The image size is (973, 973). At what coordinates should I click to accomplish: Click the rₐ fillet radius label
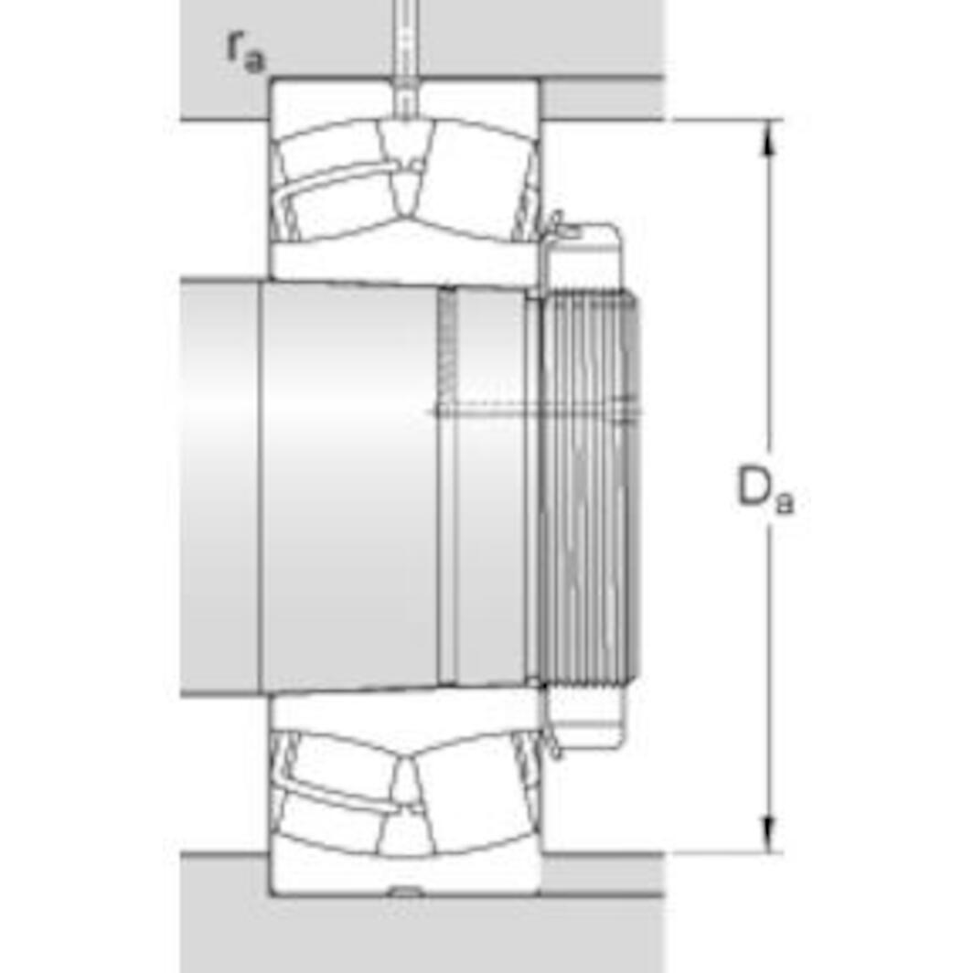[x=244, y=51]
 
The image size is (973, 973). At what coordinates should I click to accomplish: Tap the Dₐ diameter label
[x=764, y=489]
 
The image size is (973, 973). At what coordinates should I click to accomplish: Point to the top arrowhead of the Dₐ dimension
[x=769, y=134]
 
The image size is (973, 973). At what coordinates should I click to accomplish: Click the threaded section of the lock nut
[x=590, y=485]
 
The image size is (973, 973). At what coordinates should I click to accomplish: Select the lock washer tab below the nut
[x=555, y=745]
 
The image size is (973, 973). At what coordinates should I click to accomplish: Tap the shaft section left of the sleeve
[x=219, y=485]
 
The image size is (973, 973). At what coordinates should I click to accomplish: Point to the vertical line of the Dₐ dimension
[x=769, y=320]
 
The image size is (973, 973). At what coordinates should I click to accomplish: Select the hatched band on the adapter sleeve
[x=447, y=347]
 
